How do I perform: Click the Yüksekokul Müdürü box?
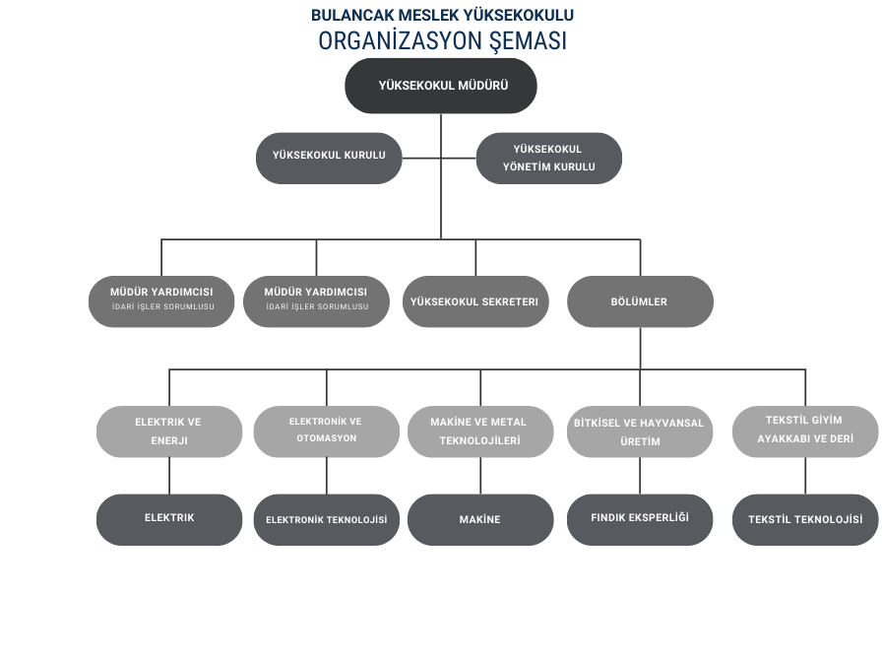(x=441, y=86)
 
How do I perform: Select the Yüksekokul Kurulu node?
(x=329, y=156)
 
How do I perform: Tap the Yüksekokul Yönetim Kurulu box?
(x=549, y=158)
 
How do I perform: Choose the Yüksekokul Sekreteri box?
(x=475, y=301)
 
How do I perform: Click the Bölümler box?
(x=640, y=301)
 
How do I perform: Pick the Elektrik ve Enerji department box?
(x=168, y=431)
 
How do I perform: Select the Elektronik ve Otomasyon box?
(x=326, y=430)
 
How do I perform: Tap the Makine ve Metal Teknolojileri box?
(x=479, y=431)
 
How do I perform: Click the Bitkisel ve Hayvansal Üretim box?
(x=640, y=432)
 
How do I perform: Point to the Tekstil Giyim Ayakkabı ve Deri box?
(x=805, y=430)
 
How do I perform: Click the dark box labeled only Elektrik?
(x=169, y=518)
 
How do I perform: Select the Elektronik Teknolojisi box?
(x=326, y=519)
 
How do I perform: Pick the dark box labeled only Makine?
(x=479, y=519)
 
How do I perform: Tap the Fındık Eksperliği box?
(x=640, y=518)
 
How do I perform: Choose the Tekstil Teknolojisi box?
(x=805, y=519)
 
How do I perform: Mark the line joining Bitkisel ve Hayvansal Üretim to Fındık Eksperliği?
(x=640, y=476)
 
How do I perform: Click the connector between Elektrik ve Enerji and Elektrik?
(x=169, y=476)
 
